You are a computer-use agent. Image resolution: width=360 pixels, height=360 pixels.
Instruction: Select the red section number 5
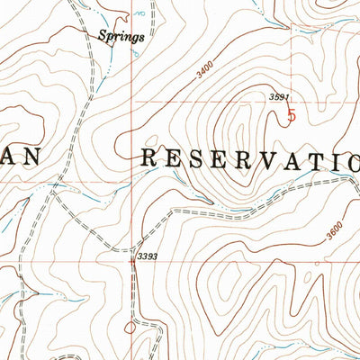point(291,114)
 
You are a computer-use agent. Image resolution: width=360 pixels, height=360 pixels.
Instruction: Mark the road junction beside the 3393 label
point(133,247)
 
